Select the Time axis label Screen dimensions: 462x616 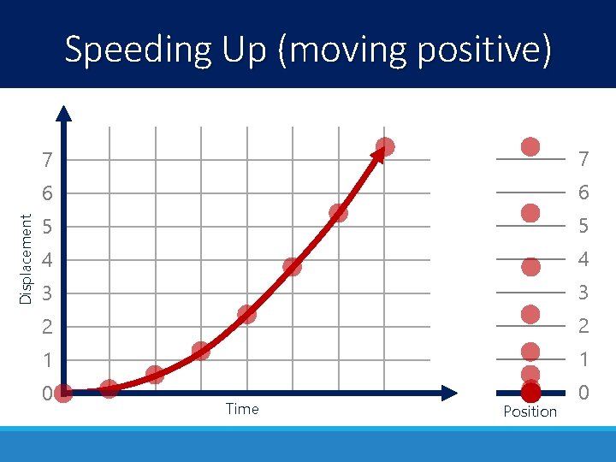(x=242, y=409)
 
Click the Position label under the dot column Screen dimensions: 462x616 (x=530, y=412)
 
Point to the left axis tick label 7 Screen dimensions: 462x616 (x=48, y=160)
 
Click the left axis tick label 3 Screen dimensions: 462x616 (x=48, y=293)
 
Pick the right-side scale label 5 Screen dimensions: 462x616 (x=583, y=227)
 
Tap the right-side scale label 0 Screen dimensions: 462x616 (x=583, y=394)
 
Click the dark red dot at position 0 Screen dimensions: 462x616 (x=530, y=393)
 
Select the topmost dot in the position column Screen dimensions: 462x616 (x=530, y=146)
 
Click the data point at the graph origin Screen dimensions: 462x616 (x=63, y=393)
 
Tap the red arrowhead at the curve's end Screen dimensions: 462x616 (x=376, y=155)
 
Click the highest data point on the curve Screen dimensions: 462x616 (x=385, y=146)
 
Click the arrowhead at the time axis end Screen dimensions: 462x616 (x=450, y=393)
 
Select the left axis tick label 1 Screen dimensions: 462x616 (x=48, y=360)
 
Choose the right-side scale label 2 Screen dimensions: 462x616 (x=583, y=327)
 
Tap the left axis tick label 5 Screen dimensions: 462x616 (x=48, y=227)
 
